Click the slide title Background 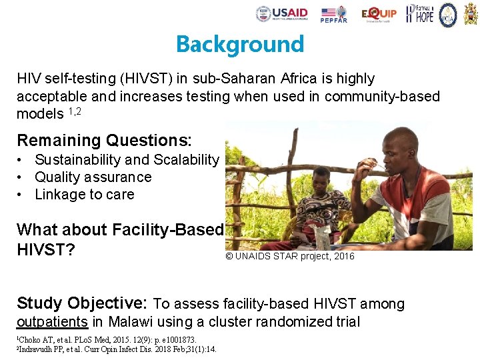pos(239,44)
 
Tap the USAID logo pos(282,13)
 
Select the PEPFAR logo pos(333,14)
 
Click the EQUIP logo pos(379,13)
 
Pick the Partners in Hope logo pos(419,13)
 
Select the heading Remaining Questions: pos(104,141)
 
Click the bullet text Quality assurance pos(93,177)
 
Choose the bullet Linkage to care pos(85,195)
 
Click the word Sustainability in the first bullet pos(77,160)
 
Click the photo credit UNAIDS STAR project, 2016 pos(290,257)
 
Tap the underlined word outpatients pos(52,322)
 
